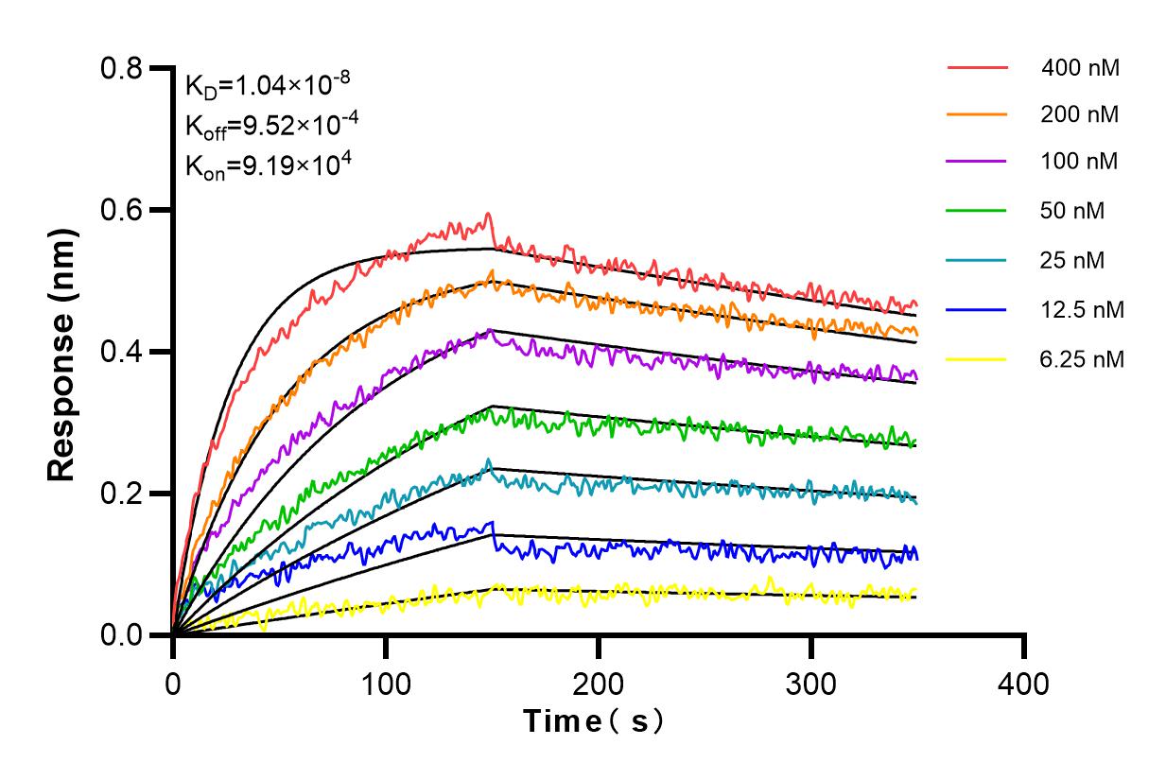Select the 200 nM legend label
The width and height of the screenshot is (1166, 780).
pos(1080,115)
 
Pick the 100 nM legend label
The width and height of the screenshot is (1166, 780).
pos(1080,162)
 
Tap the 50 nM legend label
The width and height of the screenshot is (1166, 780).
pos(1072,211)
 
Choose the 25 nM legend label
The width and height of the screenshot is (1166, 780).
pos(1072,260)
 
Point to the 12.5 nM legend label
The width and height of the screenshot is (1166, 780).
pos(1082,309)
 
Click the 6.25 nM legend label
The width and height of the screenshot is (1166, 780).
pos(1082,358)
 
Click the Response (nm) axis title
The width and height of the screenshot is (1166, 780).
pos(62,352)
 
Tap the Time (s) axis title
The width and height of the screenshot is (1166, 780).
pos(595,721)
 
